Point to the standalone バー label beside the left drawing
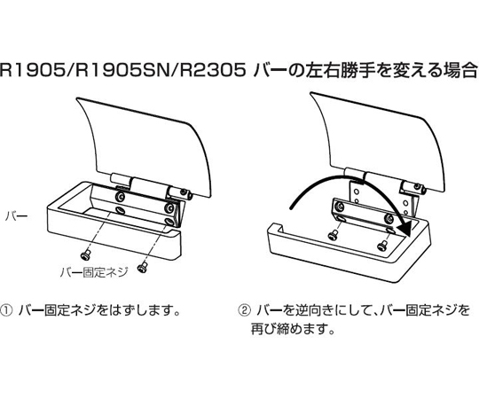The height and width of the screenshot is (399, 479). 17,216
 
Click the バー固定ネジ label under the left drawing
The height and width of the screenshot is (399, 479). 93,272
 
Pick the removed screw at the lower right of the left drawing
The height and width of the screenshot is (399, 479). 142,267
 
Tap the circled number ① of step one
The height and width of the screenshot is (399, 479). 6,311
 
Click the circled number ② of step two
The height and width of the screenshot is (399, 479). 244,311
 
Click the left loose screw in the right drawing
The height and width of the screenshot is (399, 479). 333,234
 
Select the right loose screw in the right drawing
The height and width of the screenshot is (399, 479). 382,245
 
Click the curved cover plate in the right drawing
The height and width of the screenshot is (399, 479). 378,141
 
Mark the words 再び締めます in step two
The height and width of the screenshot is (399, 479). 287,329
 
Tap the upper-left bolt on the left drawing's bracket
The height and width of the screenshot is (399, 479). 120,197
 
